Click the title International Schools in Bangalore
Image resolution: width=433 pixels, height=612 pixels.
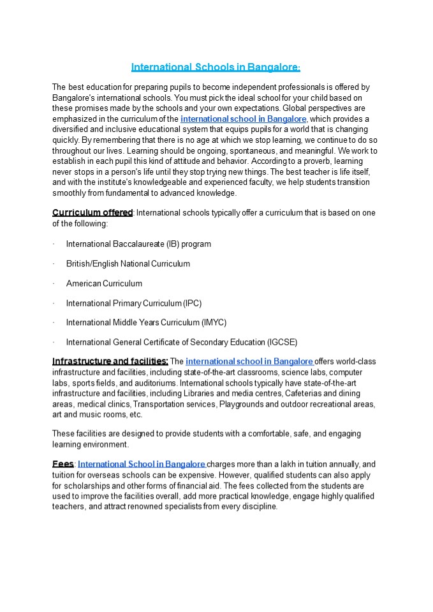point(216,67)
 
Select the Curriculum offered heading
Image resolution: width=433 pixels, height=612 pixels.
point(92,212)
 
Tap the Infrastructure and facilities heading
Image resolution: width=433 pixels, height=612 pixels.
point(110,361)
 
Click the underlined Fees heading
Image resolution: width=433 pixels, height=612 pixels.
point(62,464)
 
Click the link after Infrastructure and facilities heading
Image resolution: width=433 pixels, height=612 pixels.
point(249,361)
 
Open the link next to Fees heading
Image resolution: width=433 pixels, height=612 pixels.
point(142,464)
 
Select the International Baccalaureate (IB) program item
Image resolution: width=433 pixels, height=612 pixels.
point(138,244)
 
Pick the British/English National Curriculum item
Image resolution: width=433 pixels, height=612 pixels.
point(128,263)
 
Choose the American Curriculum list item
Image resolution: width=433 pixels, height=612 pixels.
point(104,283)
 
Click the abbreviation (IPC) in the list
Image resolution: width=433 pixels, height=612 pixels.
point(192,303)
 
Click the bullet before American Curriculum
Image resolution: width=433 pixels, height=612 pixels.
point(54,283)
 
